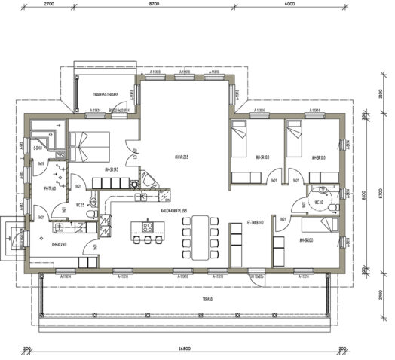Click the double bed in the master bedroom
coord(89,145)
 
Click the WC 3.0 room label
coord(320,202)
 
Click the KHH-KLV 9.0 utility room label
coord(60,244)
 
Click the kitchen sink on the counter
coord(139,197)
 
